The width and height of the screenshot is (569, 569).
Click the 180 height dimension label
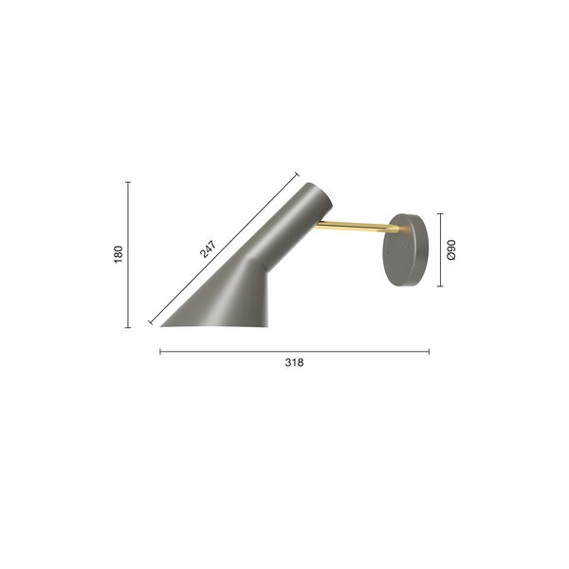pos(119,254)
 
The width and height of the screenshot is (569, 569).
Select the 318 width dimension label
pos(294,362)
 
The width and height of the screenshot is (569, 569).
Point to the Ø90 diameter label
pos(451,250)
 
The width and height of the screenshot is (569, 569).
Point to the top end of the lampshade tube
pos(316,194)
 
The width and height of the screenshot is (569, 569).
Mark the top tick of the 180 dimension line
pos(128,182)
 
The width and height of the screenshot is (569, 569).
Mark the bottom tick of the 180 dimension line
pos(128,327)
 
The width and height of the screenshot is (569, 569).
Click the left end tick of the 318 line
pos(160,352)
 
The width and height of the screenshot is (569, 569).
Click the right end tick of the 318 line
pos(429,352)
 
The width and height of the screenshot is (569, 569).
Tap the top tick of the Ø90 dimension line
pos(441,214)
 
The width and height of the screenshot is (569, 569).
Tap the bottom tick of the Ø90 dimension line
pos(441,285)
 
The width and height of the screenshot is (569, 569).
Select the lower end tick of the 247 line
pos(150,323)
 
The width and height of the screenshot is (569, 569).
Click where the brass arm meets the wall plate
pos(396,229)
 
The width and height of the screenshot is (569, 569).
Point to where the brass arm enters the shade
pos(319,225)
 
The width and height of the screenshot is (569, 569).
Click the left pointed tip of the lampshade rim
pos(161,326)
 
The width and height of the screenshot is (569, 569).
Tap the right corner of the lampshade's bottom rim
pos(267,326)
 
